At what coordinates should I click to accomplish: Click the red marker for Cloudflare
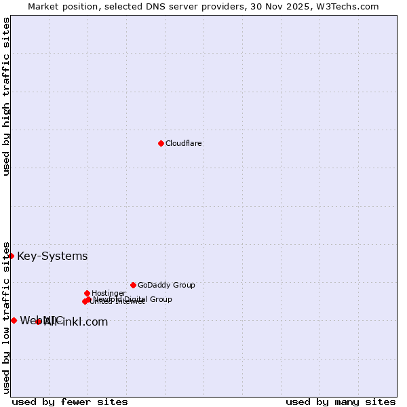click(161, 143)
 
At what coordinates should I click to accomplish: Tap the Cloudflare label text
click(184, 143)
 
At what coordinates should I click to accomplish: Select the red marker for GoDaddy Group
click(133, 285)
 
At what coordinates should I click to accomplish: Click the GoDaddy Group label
click(166, 285)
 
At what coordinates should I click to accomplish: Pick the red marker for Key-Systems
click(12, 256)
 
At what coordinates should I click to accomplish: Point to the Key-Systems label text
click(52, 256)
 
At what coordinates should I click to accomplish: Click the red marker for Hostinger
click(87, 293)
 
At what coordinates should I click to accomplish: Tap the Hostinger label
click(109, 293)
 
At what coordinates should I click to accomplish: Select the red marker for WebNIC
click(14, 320)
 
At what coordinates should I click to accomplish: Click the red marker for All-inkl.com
click(38, 322)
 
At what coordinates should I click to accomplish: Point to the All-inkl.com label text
click(76, 322)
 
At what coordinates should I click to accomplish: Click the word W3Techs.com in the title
click(348, 6)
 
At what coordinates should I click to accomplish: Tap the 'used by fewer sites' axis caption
click(70, 402)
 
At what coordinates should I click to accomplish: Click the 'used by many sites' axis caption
click(341, 402)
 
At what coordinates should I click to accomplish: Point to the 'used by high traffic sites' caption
click(6, 97)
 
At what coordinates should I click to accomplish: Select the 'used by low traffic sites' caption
click(6, 317)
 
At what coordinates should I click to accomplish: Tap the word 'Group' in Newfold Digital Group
click(160, 299)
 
